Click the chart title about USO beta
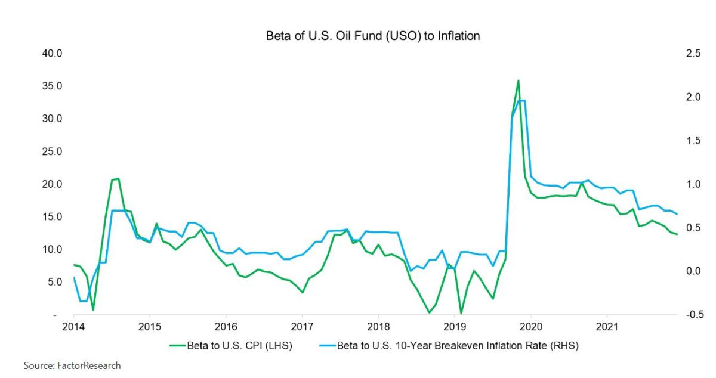(372, 36)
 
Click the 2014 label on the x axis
(73, 327)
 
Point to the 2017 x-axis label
(302, 327)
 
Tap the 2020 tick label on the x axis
(530, 327)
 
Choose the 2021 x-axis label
(607, 327)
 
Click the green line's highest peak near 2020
(518, 80)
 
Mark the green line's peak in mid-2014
(118, 178)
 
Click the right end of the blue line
(677, 214)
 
